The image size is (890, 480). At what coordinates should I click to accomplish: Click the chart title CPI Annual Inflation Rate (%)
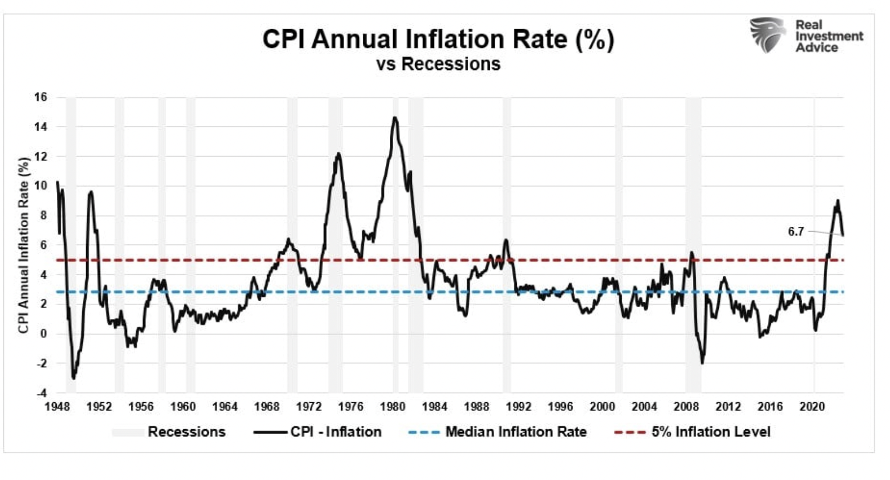click(438, 39)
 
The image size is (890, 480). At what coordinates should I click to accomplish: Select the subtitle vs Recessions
click(438, 64)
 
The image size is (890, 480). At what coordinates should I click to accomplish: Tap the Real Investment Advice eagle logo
click(767, 35)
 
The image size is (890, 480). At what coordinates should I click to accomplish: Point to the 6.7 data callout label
click(796, 232)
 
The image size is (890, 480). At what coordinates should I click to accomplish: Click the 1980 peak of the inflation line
click(395, 118)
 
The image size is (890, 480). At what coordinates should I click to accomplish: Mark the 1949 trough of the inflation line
click(73, 378)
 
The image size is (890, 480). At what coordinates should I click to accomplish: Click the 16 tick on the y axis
click(41, 97)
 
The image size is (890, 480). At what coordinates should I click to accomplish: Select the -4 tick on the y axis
click(41, 393)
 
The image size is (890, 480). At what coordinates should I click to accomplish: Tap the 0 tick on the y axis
click(43, 334)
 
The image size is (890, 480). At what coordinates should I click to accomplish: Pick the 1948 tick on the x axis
click(57, 407)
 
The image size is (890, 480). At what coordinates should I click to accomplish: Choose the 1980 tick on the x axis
click(393, 407)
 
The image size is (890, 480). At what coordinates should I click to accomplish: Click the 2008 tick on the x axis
click(686, 407)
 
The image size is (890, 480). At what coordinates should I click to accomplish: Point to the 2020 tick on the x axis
click(812, 407)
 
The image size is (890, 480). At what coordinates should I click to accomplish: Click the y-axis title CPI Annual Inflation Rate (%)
click(23, 245)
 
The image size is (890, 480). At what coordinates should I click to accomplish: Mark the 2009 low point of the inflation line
click(702, 363)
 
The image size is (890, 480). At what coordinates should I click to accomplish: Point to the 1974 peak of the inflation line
click(338, 153)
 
